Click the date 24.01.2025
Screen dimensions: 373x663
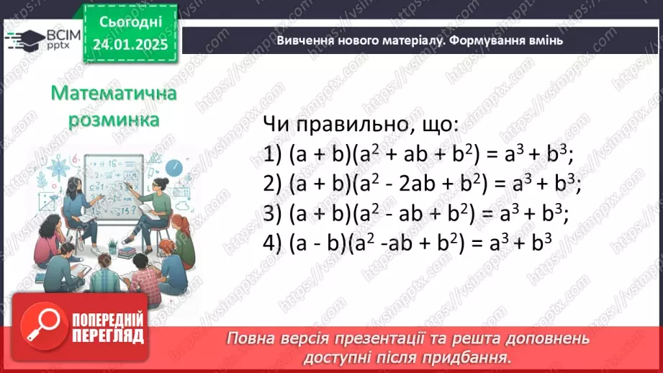click(x=130, y=45)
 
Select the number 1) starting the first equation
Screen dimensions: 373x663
click(x=272, y=154)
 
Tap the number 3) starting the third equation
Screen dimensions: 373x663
click(x=272, y=215)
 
